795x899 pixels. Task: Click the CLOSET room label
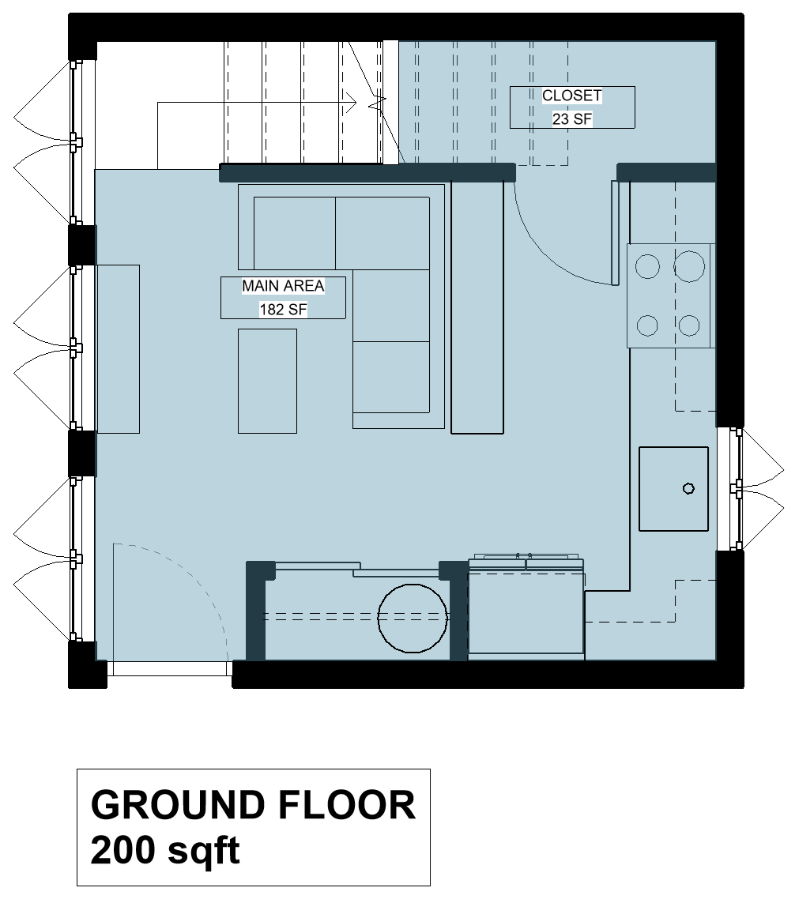571,96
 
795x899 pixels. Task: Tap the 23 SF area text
571,119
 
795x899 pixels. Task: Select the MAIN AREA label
283,286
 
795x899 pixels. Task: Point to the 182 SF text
283,310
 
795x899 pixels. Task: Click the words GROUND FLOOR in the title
253,806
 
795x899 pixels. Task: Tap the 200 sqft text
166,851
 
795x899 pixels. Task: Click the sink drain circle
688,489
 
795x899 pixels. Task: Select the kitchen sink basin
673,489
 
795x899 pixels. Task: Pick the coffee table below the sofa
267,381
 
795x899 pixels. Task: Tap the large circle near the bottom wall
412,618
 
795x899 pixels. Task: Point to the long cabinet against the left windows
118,348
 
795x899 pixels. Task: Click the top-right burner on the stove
689,266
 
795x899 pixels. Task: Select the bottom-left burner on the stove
648,325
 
